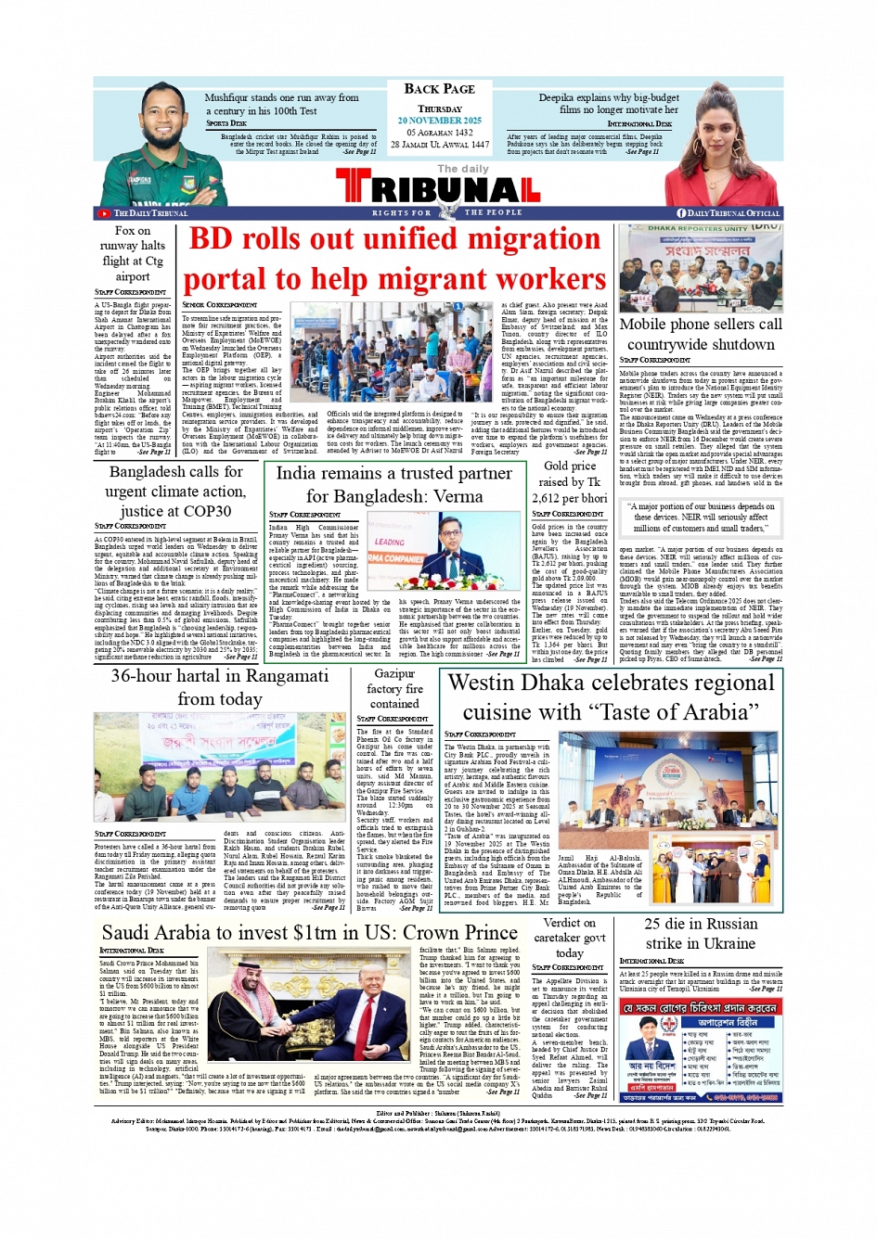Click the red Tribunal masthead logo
click(x=438, y=189)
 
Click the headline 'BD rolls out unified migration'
click(x=394, y=239)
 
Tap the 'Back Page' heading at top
click(x=439, y=89)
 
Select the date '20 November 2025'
click(x=439, y=121)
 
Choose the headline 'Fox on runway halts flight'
click(x=133, y=253)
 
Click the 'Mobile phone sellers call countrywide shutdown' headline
click(x=701, y=334)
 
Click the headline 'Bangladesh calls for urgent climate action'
click(x=174, y=491)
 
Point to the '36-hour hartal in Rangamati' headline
click(x=219, y=686)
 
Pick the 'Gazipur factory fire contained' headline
click(x=394, y=689)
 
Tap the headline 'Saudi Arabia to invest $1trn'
click(x=310, y=932)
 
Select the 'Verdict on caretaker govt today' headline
click(x=569, y=938)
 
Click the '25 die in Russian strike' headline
click(x=701, y=933)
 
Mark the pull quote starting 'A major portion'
click(x=701, y=517)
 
